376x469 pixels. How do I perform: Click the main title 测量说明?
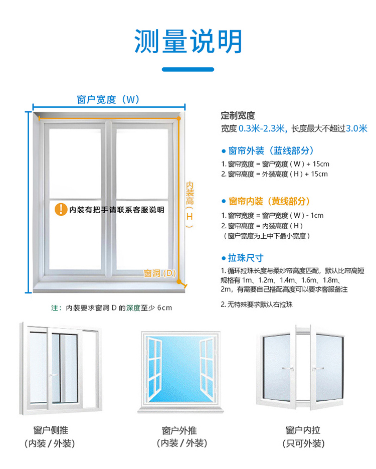pos(188,41)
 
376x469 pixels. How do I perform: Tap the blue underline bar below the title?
pos(188,69)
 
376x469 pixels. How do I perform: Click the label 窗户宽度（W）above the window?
pos(108,99)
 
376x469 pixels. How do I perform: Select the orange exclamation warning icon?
pos(61,209)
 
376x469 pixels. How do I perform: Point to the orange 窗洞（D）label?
pos(160,273)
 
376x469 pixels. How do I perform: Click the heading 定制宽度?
pos(238,115)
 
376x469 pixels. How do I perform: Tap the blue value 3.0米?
pos(356,128)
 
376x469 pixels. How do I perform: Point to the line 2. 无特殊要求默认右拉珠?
pos(256,304)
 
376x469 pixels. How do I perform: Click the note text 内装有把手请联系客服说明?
pos(117,210)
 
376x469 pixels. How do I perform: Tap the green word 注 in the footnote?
pos(55,307)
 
